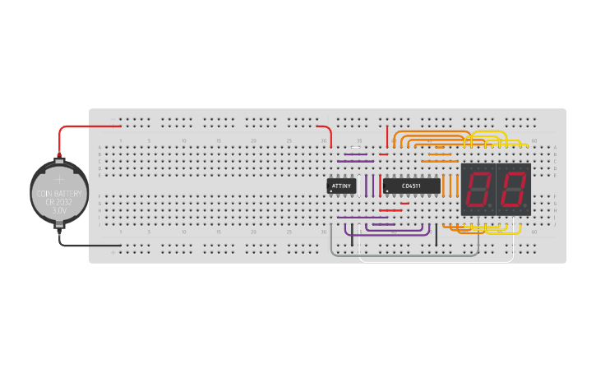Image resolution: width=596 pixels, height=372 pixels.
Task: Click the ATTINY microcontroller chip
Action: click(341, 186)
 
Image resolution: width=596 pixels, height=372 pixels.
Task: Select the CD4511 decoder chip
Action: click(411, 186)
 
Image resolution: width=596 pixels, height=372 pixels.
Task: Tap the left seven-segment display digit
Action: click(478, 190)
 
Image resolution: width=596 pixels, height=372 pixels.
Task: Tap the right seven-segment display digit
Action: click(514, 190)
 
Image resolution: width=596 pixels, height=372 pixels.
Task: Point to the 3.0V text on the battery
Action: click(59, 211)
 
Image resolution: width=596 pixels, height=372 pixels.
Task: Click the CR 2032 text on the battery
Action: click(59, 203)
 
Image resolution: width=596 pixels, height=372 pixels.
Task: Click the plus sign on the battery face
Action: click(59, 178)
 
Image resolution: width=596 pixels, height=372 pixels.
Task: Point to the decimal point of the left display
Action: click(492, 205)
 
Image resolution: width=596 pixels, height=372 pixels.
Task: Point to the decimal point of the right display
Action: click(527, 205)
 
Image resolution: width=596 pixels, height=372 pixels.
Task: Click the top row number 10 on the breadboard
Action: click(184, 141)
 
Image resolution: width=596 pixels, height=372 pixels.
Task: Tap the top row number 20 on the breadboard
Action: click(254, 141)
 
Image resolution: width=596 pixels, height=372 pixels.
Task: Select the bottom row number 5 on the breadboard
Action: click(149, 232)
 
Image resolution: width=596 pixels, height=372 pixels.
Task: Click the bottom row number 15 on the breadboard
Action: click(219, 232)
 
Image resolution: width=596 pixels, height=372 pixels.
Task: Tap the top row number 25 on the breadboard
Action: click(289, 141)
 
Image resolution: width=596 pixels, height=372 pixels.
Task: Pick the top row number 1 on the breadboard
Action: click(121, 141)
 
